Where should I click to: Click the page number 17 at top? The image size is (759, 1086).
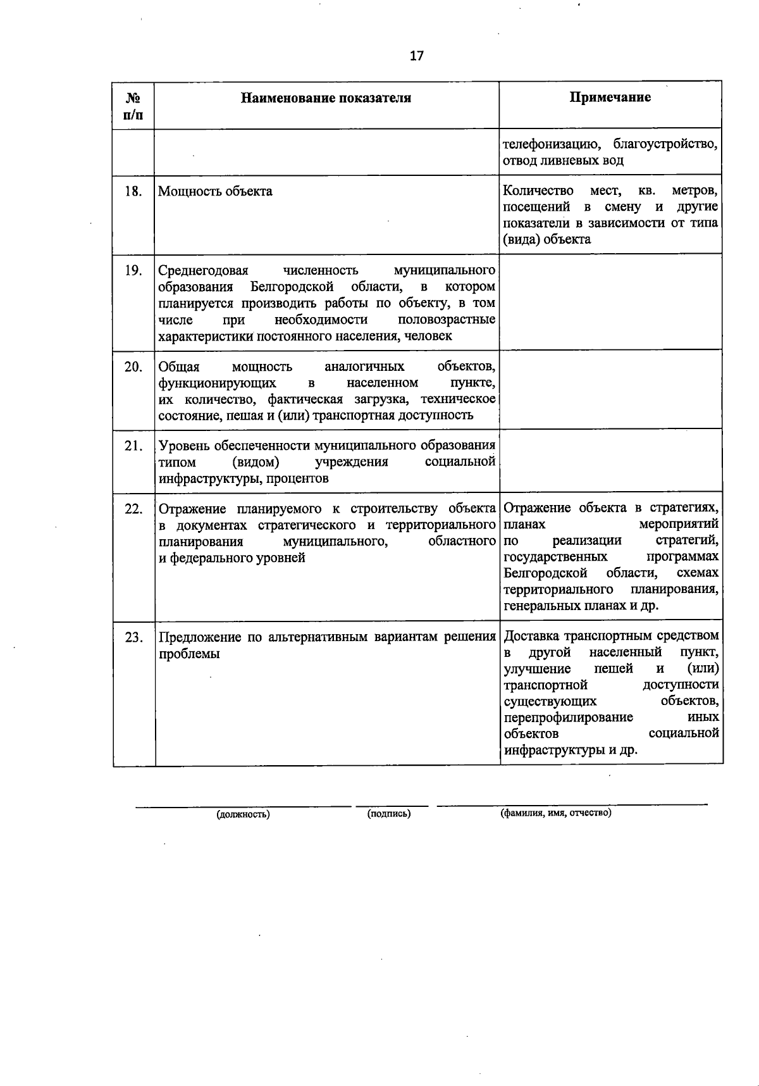click(416, 56)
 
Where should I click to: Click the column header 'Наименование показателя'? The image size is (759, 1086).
click(326, 97)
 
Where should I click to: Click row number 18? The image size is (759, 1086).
click(133, 191)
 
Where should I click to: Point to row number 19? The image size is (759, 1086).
click(133, 271)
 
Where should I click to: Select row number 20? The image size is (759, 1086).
click(133, 366)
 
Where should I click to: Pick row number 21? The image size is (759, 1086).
click(133, 446)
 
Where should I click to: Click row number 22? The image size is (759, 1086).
click(133, 509)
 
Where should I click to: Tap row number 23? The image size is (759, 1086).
click(133, 637)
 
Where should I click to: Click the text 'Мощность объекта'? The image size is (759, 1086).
click(215, 191)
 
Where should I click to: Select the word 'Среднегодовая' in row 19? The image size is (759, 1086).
click(203, 271)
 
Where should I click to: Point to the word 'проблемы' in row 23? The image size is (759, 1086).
click(189, 654)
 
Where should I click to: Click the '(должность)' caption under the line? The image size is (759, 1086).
click(243, 815)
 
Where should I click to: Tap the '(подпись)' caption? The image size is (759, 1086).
click(388, 814)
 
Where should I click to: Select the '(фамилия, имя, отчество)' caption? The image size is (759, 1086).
click(555, 813)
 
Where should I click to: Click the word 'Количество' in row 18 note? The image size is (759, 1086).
click(538, 190)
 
